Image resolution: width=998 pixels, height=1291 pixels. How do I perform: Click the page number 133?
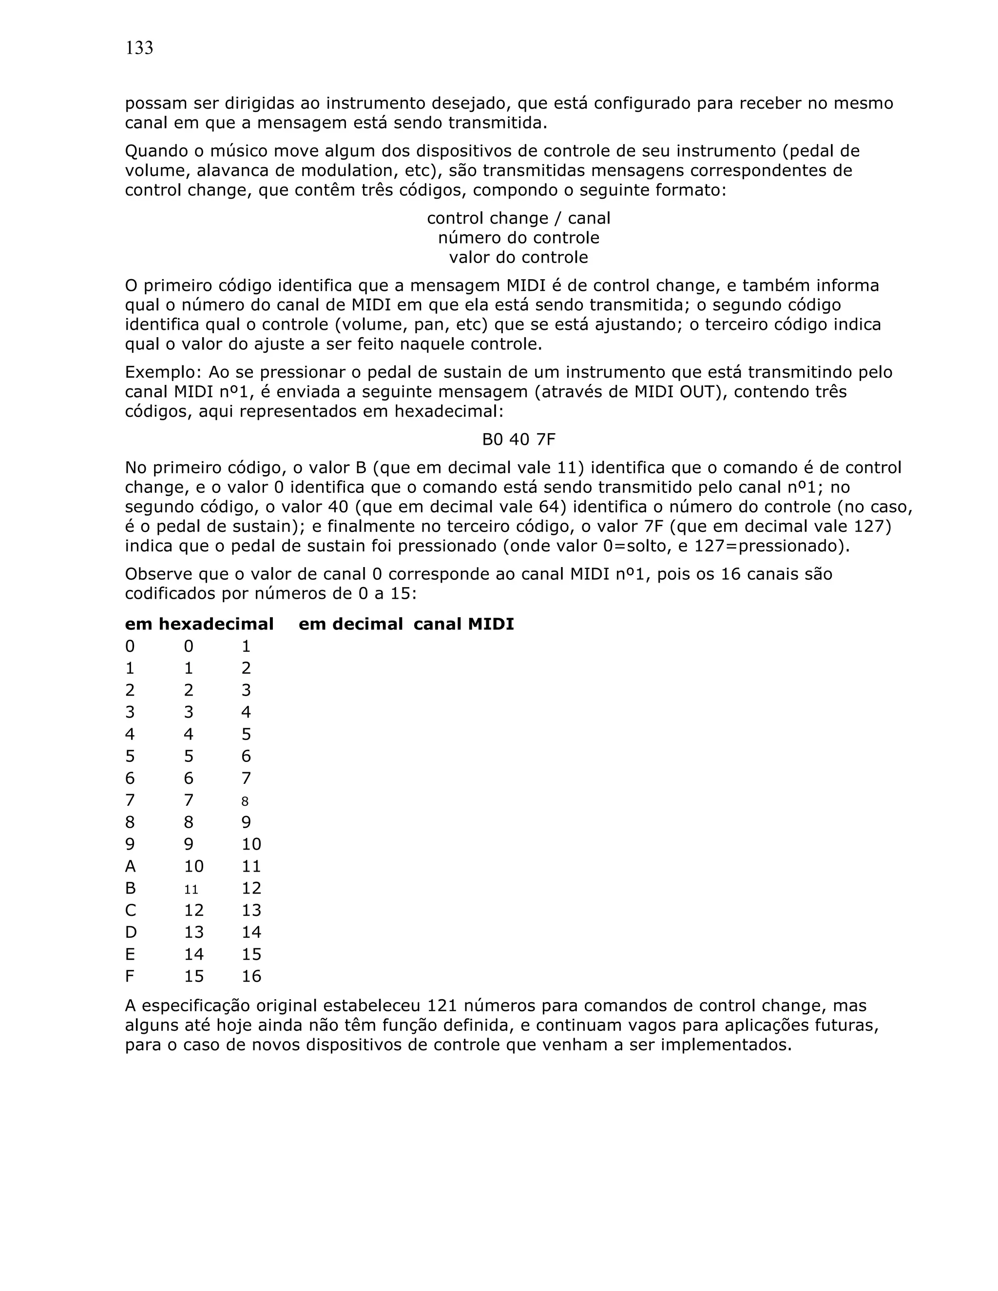coord(139,48)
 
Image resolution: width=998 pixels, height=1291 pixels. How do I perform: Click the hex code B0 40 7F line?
coord(518,439)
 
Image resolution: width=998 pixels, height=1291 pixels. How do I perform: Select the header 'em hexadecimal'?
coord(199,624)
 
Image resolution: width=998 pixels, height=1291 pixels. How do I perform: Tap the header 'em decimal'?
coord(350,624)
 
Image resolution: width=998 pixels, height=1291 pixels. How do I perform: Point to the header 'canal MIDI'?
coord(463,624)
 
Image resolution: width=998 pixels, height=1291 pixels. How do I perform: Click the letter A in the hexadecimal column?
coord(130,867)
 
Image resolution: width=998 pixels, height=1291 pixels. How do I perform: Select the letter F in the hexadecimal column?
coord(130,976)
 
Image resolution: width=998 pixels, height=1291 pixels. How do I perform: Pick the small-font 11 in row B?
coord(191,890)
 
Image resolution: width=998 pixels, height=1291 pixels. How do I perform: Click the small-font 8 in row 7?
coord(245,801)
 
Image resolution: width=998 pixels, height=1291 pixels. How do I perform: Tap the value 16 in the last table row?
coord(251,976)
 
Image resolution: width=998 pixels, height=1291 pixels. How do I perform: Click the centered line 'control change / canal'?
coord(518,218)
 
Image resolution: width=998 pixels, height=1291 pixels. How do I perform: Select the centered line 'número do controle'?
coord(518,238)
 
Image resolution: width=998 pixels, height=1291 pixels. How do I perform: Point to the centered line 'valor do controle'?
coord(518,257)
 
